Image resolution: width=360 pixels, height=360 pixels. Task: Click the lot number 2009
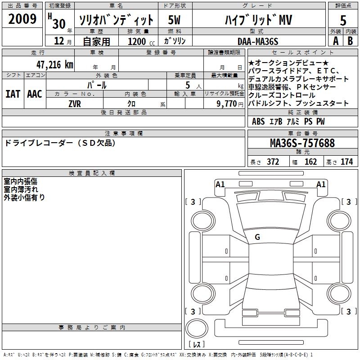[x=22, y=19]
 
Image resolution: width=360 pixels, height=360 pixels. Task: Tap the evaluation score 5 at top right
[x=343, y=20]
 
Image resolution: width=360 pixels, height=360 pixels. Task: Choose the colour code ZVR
[x=74, y=103]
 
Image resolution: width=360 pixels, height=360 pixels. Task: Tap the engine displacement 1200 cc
[x=137, y=41]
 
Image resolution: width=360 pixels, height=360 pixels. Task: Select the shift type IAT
[x=13, y=94]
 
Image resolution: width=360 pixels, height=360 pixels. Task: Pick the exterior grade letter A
[x=335, y=41]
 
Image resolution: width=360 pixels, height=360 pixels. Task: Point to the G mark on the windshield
[x=257, y=237]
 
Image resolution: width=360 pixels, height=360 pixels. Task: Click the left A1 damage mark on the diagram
[x=220, y=184]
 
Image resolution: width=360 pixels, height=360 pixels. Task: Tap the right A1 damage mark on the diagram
[x=321, y=184]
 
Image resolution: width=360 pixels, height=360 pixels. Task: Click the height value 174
[x=346, y=162]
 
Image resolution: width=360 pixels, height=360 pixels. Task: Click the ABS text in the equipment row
[x=258, y=121]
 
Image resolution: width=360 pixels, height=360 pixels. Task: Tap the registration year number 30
[x=59, y=22]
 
